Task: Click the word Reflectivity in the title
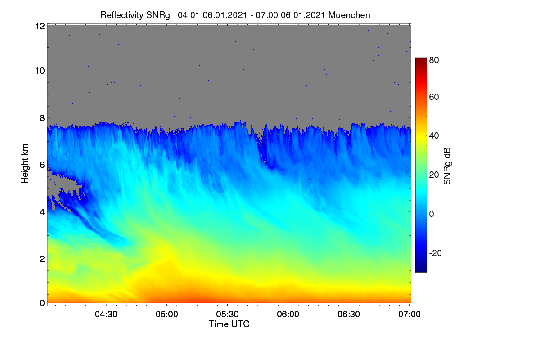coord(122,15)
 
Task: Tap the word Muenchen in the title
coord(349,15)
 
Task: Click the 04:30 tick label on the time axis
coord(106,314)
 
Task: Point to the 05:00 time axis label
coord(167,314)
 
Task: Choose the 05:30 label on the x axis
coord(227,314)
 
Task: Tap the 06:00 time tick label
coord(288,314)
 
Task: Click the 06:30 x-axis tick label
coord(349,314)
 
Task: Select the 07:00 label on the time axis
coord(409,314)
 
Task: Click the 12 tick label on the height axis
coord(40,26)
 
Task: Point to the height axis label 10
coord(40,71)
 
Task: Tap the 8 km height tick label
coord(42,118)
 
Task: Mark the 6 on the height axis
coord(42,165)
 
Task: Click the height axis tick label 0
coord(42,303)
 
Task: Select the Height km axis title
coord(25,164)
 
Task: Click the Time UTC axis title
coord(229,324)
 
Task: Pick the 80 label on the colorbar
coord(434,60)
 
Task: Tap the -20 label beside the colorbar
coord(436,253)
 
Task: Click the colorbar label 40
coord(434,136)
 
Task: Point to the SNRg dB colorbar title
coord(447,166)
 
